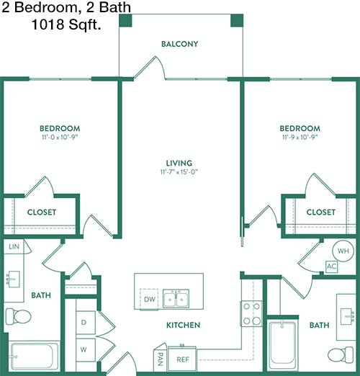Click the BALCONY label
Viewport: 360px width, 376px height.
pos(179,44)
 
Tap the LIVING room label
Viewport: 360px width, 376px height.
pos(179,164)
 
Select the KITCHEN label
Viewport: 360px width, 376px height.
pos(183,325)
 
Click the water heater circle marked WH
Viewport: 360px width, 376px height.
pos(343,251)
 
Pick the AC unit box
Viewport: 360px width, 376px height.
pos(331,267)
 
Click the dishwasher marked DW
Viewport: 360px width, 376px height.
pos(149,299)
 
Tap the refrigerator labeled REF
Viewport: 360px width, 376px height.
pos(182,359)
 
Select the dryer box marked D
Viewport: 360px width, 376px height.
pos(86,322)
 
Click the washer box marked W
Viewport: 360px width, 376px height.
pos(86,350)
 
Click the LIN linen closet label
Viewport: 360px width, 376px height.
pos(14,246)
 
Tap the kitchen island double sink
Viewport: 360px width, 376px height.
pos(176,298)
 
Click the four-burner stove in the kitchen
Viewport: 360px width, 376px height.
pos(251,313)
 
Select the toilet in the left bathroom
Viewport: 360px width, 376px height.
pos(18,316)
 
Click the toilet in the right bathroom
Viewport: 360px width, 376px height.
pos(341,354)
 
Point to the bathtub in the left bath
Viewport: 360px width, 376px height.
pos(35,356)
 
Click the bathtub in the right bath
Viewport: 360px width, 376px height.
pos(282,344)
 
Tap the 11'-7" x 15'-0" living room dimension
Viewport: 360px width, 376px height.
pos(179,172)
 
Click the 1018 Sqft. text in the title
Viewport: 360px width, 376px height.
pos(66,24)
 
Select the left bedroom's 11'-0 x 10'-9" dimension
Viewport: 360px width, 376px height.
pos(60,138)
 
